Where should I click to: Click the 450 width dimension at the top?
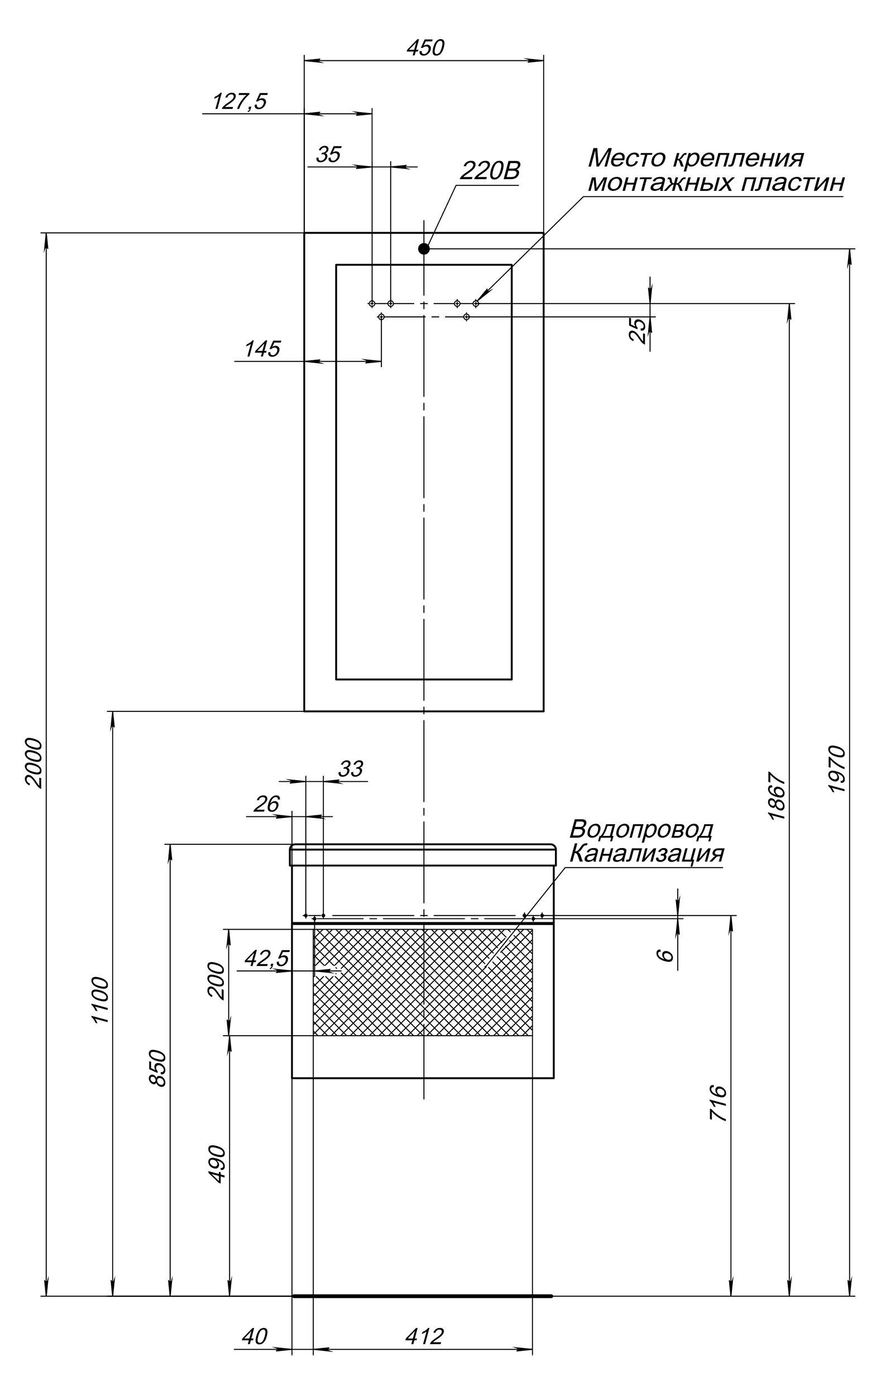(425, 48)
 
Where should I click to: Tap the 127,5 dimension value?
(240, 102)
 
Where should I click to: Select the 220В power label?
(490, 171)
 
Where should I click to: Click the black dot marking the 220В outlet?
(424, 248)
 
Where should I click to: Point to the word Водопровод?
(641, 830)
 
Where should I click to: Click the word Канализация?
(647, 854)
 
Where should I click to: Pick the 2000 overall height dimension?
(33, 763)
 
